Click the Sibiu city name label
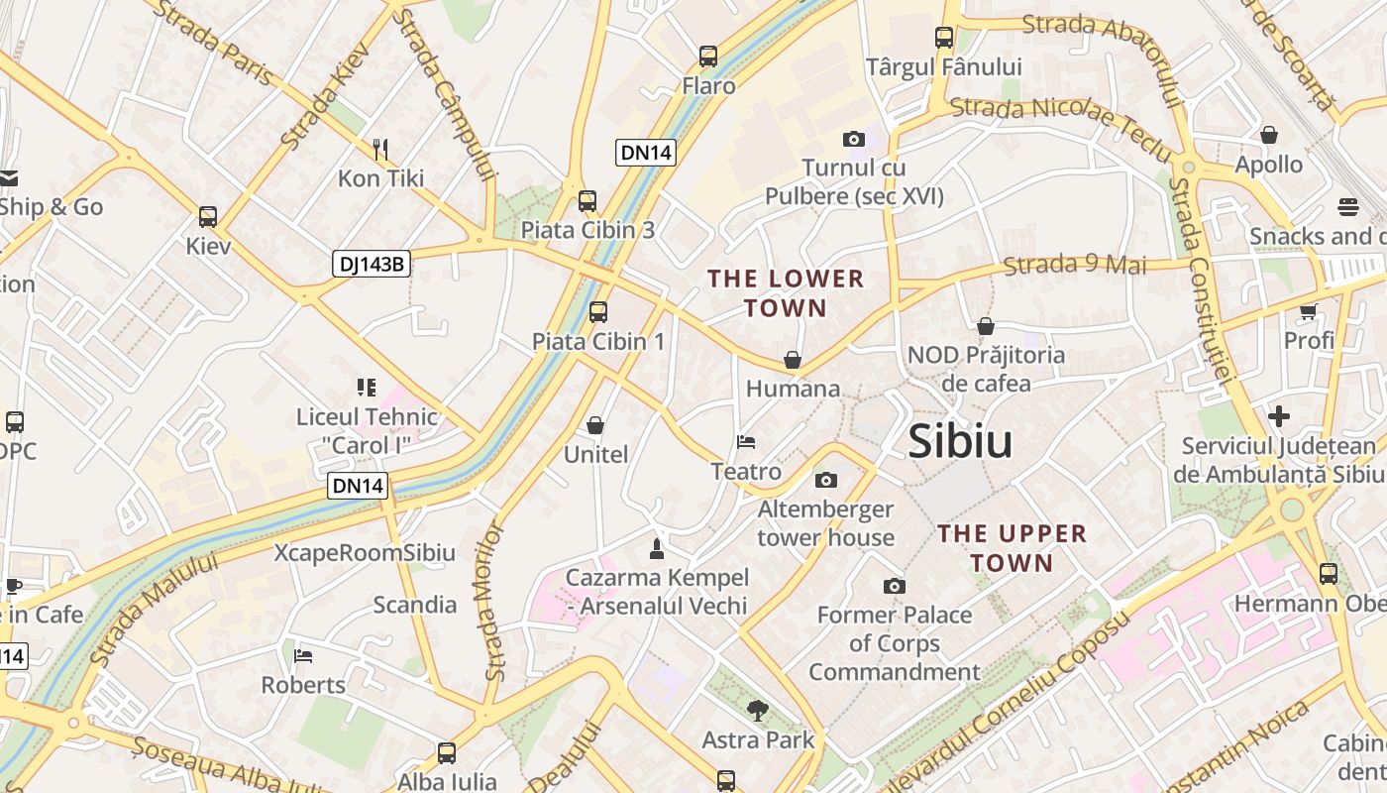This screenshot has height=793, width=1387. tap(960, 441)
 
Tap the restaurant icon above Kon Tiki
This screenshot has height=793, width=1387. tap(380, 150)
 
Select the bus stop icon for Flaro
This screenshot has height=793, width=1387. tap(708, 57)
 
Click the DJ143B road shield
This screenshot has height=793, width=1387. tap(373, 264)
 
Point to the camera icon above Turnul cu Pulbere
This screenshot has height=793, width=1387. tap(853, 139)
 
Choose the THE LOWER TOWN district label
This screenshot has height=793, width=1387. tap(786, 293)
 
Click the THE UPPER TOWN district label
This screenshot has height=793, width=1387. tap(1012, 548)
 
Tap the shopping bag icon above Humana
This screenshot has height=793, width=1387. tap(793, 360)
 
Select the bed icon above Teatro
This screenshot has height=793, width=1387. tap(746, 442)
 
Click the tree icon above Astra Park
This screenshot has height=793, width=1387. tap(758, 710)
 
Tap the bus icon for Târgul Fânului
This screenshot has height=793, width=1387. tap(944, 38)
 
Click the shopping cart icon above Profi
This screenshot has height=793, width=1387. tap(1309, 311)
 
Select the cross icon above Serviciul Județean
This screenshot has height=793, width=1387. tap(1279, 416)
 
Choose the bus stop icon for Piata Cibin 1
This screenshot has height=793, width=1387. tap(598, 312)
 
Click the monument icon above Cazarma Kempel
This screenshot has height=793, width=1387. tap(656, 547)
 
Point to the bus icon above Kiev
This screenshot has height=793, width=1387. tap(208, 217)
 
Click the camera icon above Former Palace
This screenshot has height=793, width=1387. tap(894, 586)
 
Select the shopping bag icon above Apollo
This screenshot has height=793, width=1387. tap(1269, 135)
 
